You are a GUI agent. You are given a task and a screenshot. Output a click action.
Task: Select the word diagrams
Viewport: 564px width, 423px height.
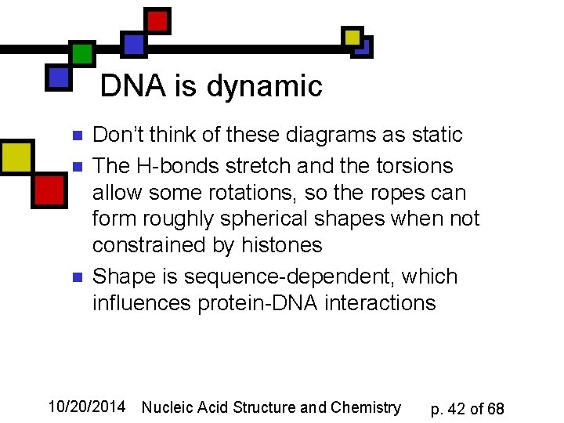pos(331,135)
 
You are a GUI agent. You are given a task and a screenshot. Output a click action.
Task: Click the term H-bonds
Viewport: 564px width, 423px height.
pos(175,166)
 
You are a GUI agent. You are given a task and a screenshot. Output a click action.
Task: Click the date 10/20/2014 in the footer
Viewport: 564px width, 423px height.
pos(86,407)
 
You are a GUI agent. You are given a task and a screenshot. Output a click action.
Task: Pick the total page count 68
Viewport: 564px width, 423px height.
pos(495,409)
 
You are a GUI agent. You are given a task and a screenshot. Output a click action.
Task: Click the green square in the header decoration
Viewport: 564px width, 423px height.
pos(82,53)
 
